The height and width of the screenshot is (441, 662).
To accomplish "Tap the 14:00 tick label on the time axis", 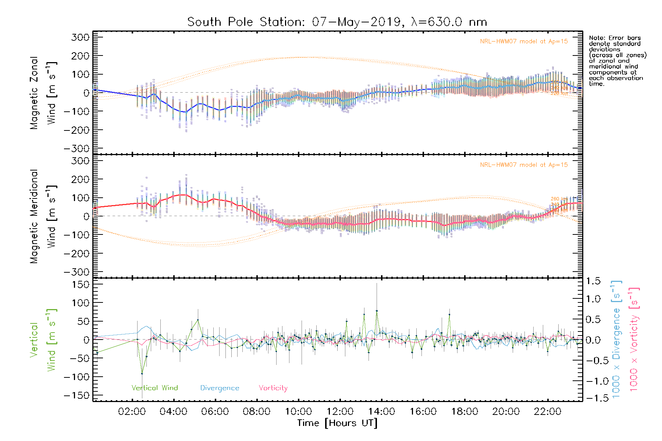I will point(381,412).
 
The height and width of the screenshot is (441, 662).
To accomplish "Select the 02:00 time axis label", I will point(132,412).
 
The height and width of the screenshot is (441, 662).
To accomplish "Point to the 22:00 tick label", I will point(548,412).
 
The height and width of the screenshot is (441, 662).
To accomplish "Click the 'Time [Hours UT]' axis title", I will point(337,423).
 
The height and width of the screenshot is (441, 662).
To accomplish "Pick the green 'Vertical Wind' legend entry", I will point(154,388).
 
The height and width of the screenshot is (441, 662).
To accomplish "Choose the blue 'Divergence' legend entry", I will point(220,388).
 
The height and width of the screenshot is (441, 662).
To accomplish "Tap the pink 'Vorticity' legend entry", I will point(273,388).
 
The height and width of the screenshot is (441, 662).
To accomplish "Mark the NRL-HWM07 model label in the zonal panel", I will point(524,42).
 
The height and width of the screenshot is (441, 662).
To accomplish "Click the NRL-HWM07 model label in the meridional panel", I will point(524,165).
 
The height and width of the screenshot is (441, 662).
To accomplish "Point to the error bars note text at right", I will point(617,61).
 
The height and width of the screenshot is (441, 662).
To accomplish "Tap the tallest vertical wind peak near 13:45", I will point(377,311).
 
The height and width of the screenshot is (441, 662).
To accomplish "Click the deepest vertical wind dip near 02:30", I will point(142,374).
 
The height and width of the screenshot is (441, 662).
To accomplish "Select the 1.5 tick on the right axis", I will point(593,281).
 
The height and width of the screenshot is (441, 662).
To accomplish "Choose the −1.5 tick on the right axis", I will point(591,398).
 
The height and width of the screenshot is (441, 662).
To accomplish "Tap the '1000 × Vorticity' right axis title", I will point(634,339).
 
